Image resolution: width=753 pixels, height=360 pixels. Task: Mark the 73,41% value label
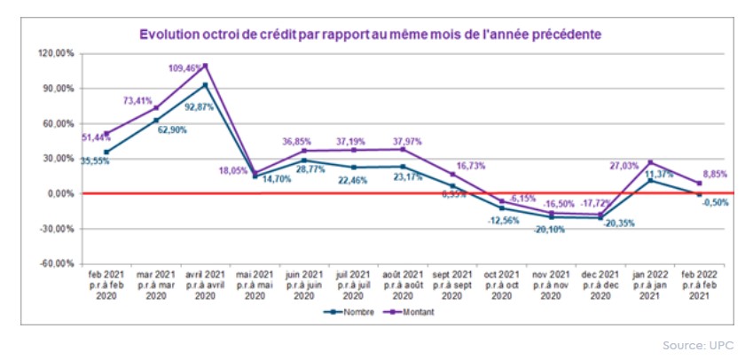click(x=139, y=101)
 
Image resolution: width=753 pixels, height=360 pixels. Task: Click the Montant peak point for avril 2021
click(x=206, y=66)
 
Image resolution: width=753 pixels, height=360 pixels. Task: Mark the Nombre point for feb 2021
click(x=107, y=153)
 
